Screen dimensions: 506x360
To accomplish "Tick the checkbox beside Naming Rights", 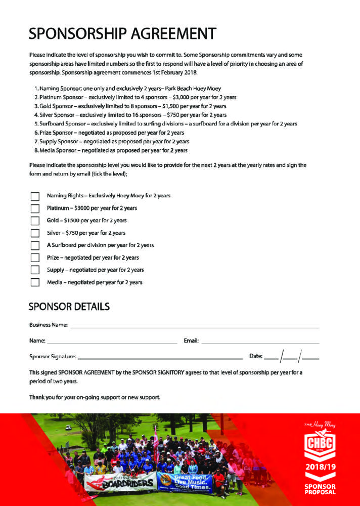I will pos(35,196).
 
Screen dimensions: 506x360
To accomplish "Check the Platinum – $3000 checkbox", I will pos(35,208).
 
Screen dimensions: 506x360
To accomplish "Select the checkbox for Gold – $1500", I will pos(35,221).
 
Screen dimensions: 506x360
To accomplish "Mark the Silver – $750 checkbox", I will pos(35,233).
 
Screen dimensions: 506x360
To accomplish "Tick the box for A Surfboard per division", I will pos(35,245).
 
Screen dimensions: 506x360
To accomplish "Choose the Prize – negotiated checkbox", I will pos(35,258).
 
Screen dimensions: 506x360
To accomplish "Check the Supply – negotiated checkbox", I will pos(35,270).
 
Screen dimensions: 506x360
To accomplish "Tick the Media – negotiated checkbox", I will pos(35,282).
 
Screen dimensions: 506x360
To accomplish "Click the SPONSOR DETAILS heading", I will pos(69,307).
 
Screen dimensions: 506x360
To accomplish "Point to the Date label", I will pos(256,357).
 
